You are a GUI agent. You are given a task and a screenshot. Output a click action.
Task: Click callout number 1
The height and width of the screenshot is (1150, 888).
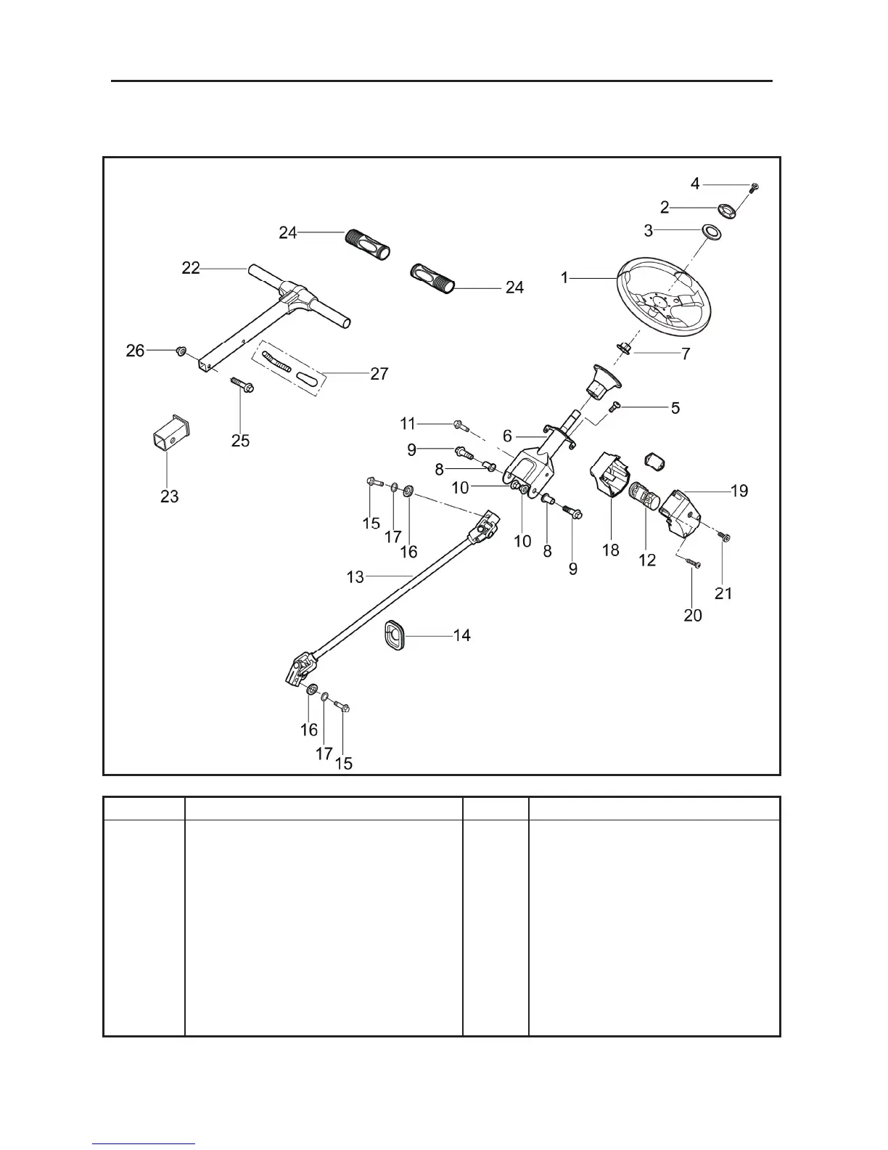click(565, 277)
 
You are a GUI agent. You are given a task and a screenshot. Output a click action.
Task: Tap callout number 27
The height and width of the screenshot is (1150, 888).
click(379, 374)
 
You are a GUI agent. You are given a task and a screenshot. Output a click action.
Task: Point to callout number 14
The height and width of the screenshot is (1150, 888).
click(461, 635)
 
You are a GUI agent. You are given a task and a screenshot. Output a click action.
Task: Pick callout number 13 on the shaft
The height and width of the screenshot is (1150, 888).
click(355, 577)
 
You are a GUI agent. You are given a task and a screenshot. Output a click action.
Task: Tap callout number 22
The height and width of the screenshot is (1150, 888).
click(191, 268)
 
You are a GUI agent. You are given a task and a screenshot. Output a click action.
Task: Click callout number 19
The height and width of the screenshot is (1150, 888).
click(739, 491)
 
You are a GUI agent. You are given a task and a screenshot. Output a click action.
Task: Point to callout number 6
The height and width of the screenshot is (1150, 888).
click(508, 436)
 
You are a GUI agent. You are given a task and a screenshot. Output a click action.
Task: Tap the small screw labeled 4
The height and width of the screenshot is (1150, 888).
click(755, 187)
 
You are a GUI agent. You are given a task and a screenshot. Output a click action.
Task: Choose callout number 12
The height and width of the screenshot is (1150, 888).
click(646, 560)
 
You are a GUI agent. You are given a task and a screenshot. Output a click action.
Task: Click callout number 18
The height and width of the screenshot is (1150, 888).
click(611, 550)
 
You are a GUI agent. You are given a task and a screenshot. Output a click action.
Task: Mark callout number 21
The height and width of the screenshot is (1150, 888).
click(723, 593)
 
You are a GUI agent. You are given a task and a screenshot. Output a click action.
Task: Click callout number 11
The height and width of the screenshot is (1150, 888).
click(408, 423)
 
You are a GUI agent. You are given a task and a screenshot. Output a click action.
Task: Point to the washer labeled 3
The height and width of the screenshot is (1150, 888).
click(710, 232)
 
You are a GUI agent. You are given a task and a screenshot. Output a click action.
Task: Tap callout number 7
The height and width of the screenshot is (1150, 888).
click(686, 354)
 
